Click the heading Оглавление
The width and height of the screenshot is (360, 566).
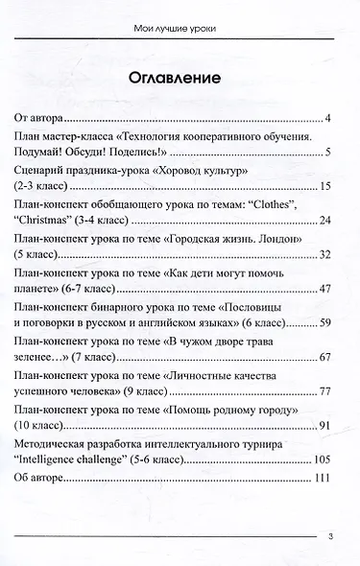coord(180,78)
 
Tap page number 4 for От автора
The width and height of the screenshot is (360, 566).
coord(328,119)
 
